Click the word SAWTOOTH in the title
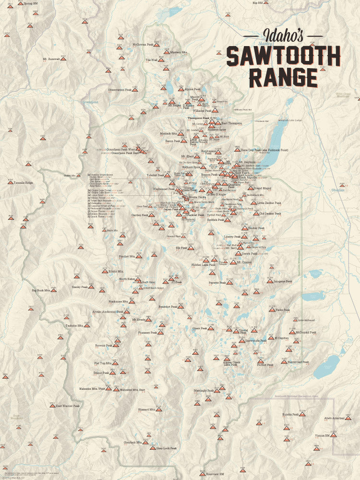click(283, 56)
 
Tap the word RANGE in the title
click(283, 77)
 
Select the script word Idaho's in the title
click(283, 35)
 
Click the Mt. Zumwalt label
click(51, 59)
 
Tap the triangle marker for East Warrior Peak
click(52, 406)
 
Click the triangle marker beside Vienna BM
click(334, 435)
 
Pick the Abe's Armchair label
click(334, 418)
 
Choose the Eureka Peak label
click(290, 414)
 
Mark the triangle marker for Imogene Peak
click(270, 281)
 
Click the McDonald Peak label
click(306, 332)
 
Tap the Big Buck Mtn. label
click(41, 290)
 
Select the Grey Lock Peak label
click(167, 448)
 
